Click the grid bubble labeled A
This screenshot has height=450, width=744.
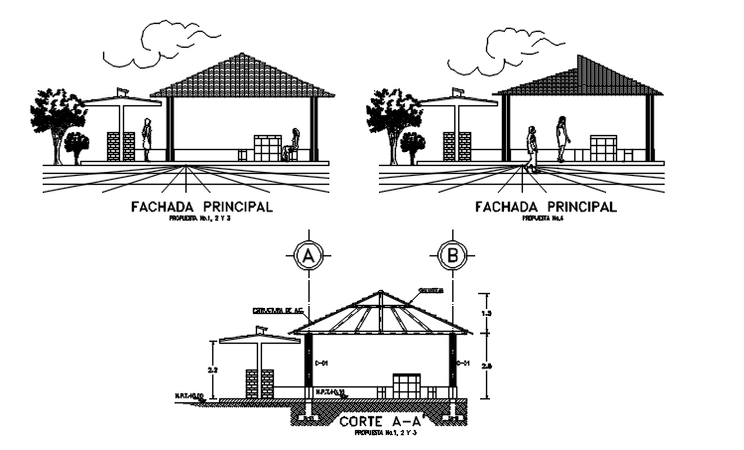point(309,255)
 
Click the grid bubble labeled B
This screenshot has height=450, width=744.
point(453,255)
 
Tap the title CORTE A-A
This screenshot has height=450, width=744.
point(380,422)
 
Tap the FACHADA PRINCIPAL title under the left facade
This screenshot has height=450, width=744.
point(200,208)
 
